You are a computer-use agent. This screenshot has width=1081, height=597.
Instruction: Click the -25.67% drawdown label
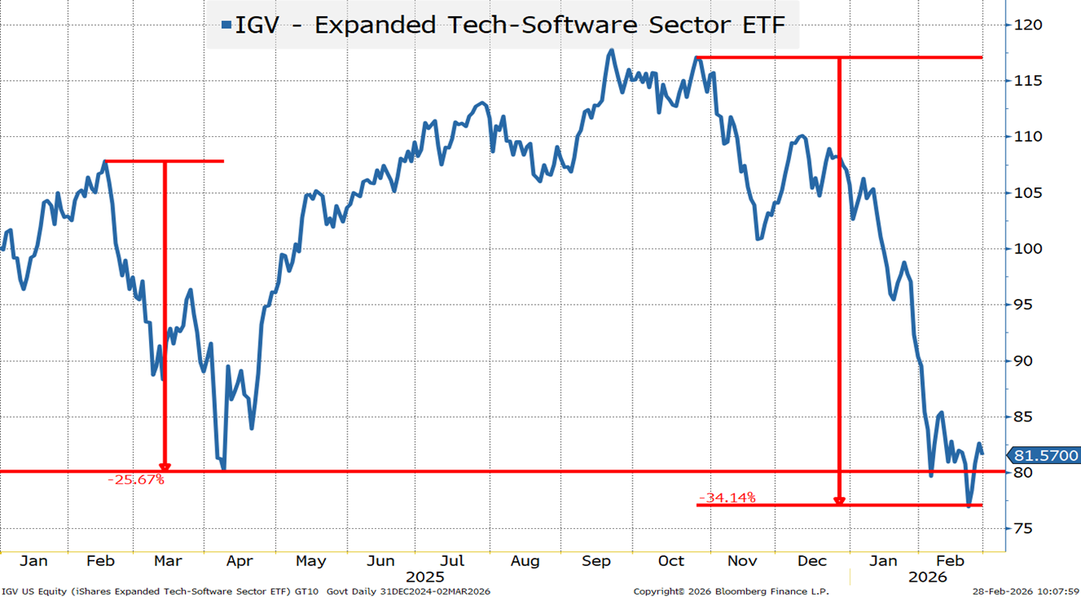[x=135, y=480]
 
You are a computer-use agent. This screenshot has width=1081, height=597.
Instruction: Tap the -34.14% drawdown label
[x=727, y=498]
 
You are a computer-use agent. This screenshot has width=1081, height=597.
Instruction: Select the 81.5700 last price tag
[x=1046, y=455]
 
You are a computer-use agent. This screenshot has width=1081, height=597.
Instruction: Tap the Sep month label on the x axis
[x=597, y=561]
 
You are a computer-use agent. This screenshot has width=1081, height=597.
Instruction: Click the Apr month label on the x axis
[x=240, y=561]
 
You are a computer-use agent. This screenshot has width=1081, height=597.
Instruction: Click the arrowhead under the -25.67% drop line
[x=165, y=466]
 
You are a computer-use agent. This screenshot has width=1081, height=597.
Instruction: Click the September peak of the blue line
[x=612, y=50]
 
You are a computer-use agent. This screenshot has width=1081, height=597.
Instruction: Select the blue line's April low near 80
[x=223, y=469]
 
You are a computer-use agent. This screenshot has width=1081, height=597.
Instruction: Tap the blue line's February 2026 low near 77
[x=969, y=506]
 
